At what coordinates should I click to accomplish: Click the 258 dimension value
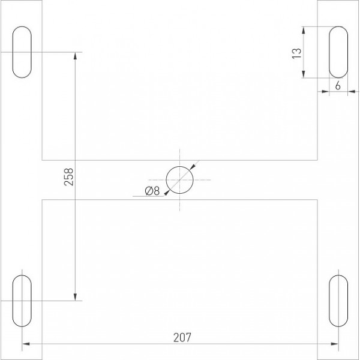coord(68,177)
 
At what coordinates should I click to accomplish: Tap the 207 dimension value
coord(182,337)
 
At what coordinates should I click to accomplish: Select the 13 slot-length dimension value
coord(296,53)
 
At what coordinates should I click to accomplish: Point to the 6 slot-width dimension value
coord(338,86)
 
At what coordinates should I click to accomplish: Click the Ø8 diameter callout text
coord(152,191)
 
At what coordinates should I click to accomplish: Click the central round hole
coord(179,166)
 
